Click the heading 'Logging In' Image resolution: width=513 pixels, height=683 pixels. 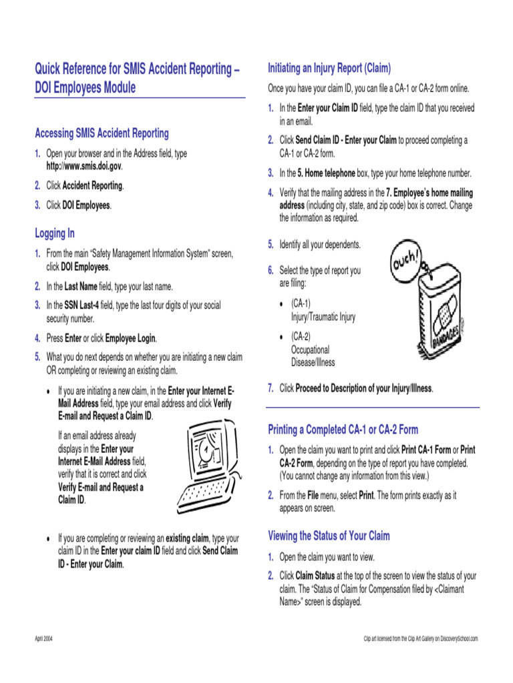pos(55,233)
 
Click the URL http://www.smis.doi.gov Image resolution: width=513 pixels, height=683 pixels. pos(84,165)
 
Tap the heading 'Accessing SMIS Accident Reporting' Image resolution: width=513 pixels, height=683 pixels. pos(102,133)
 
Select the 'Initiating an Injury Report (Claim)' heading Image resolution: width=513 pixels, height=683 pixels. pos(329,68)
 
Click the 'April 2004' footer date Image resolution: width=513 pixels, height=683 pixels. pos(44,639)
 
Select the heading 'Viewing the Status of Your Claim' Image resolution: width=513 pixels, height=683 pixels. pos(329,536)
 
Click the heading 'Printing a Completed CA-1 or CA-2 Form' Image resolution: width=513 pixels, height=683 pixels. pos(343,430)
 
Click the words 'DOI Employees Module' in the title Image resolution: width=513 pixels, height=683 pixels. pos(85,87)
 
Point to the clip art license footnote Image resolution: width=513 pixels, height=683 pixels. pos(421,639)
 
